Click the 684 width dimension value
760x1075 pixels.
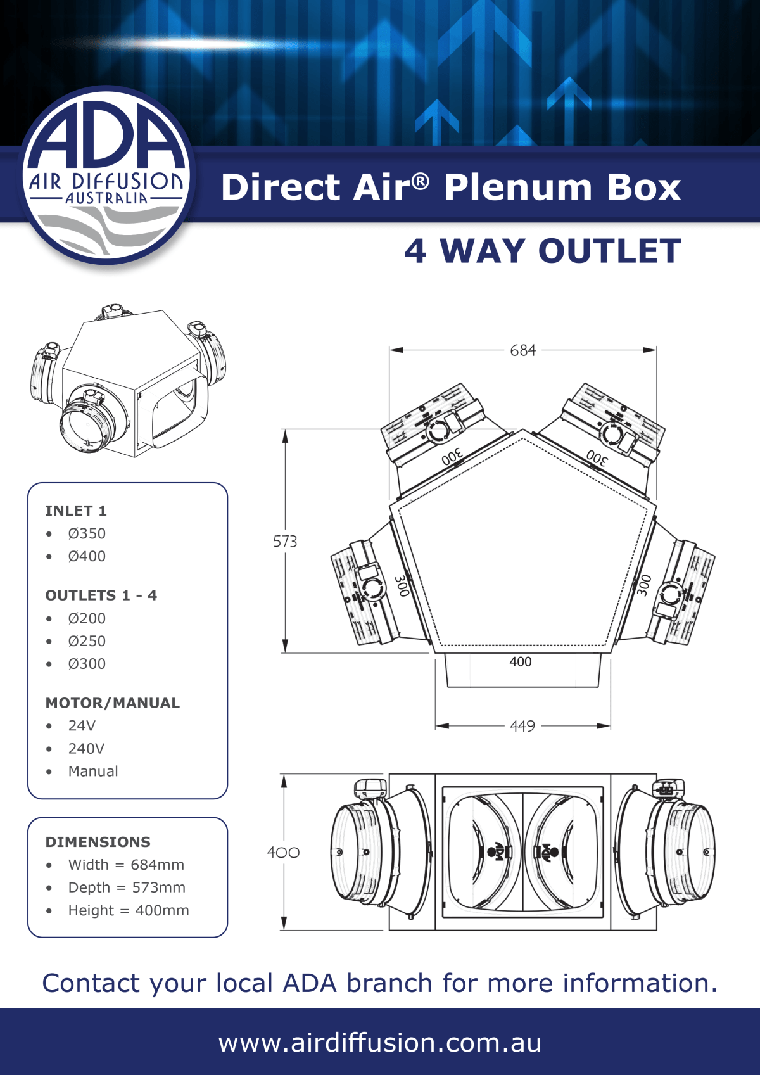click(522, 350)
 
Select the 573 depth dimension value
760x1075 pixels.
click(285, 542)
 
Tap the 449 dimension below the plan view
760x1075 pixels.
click(522, 726)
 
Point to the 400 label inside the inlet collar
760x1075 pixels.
click(521, 662)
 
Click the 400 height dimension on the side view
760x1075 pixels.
click(283, 853)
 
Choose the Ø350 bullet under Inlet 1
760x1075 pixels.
click(87, 533)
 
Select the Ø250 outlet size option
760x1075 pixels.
click(87, 641)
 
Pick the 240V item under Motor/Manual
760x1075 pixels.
click(86, 749)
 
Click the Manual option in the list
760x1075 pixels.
click(93, 772)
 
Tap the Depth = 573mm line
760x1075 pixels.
click(127, 887)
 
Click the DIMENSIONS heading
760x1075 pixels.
click(98, 842)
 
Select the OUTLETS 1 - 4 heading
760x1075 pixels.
click(101, 595)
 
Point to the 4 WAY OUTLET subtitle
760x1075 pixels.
click(543, 251)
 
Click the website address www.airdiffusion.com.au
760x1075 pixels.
click(380, 1043)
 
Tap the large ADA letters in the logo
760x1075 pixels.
click(106, 138)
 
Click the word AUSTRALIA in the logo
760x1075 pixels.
click(106, 198)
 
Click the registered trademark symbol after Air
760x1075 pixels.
click(421, 182)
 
